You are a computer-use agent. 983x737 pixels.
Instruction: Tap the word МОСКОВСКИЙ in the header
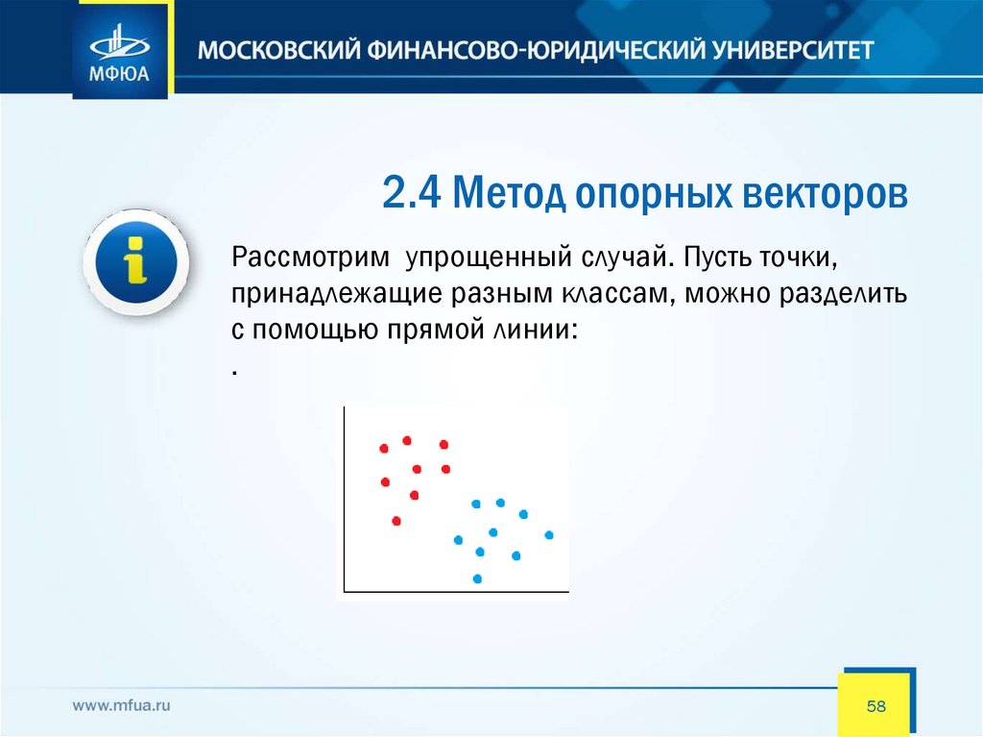coord(279,50)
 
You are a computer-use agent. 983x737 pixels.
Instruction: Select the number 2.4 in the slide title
coord(411,193)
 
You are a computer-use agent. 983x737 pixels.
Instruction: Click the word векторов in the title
coord(825,194)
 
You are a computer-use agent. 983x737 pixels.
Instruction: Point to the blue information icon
coord(136,261)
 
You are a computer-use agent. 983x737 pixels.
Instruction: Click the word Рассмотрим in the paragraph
coord(310,258)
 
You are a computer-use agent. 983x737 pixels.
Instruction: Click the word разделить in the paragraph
coord(843,294)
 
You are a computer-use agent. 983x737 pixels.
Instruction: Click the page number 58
coord(875,706)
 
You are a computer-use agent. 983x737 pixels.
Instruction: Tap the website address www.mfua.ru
coord(121,705)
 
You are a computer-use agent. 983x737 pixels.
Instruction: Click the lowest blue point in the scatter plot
coord(477,578)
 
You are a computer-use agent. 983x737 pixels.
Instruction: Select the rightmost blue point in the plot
coord(549,535)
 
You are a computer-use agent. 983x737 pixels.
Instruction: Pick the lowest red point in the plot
coord(396,521)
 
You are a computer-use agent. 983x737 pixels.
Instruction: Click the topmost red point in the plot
coord(407,441)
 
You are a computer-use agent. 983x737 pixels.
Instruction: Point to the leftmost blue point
coord(458,540)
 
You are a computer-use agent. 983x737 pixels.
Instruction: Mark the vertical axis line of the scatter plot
coord(345,499)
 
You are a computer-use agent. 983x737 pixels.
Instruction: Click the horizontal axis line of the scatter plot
coord(456,591)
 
